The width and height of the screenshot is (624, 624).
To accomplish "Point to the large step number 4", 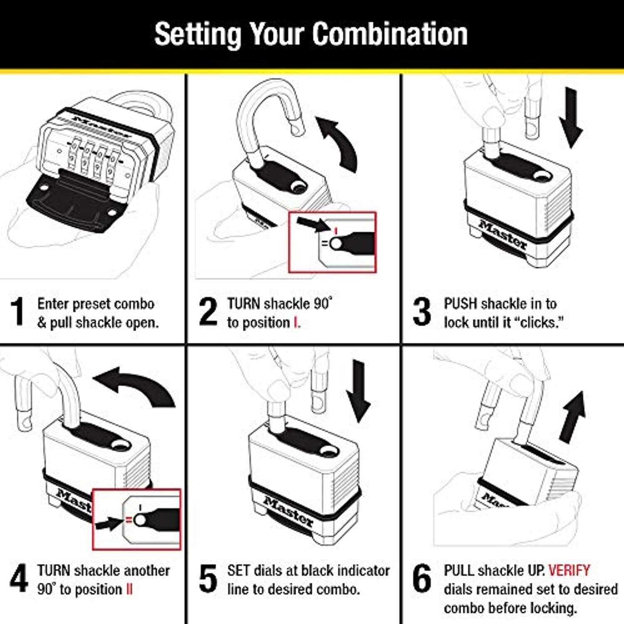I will pos(19,578).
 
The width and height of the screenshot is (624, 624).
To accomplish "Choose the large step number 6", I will pos(422,578).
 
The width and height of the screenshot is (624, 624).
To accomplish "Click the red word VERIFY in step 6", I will pos(569,570).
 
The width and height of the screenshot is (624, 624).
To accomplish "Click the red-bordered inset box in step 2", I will pos(332,243).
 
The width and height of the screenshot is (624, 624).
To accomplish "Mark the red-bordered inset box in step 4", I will pos(136,519).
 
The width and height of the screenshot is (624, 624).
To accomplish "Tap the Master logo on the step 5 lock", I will pos(288,512).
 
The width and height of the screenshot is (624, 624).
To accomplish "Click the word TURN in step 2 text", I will pos(243,304).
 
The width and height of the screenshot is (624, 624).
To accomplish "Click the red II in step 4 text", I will pos(129,589).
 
